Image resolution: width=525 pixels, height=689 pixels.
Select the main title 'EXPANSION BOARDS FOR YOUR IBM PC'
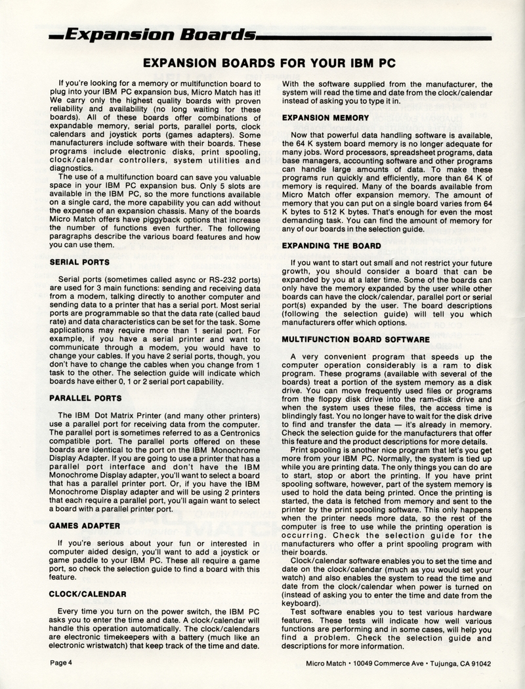[262, 64]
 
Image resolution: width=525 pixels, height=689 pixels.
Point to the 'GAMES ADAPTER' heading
[84, 525]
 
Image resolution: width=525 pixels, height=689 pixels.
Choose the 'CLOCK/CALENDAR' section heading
[87, 593]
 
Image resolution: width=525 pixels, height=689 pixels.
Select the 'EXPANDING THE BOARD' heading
[331, 245]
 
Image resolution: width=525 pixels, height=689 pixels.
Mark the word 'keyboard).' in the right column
[303, 602]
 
